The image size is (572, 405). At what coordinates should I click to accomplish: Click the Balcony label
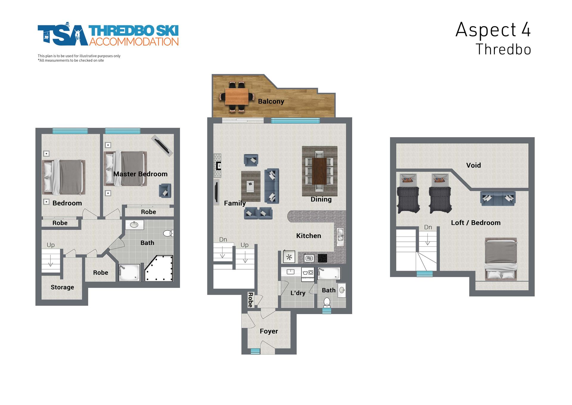pos(271,101)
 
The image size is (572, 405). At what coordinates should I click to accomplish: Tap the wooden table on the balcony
pos(237,96)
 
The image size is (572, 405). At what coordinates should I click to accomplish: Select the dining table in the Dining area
pos(320,171)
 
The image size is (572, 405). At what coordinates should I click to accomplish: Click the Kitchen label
pos(308,236)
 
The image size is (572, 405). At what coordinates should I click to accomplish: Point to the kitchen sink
pos(340,237)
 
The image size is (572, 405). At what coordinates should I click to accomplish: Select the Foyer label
pos(269,331)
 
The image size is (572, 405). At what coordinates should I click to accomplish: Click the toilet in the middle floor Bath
pos(327,302)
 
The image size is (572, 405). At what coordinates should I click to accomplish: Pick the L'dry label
pos(298,293)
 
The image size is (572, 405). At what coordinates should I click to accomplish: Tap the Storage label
pos(62,287)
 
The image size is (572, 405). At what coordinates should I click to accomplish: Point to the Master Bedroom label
pos(140,174)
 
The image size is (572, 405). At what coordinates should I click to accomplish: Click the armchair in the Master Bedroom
pos(165,191)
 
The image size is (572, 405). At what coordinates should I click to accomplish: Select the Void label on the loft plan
pos(473,165)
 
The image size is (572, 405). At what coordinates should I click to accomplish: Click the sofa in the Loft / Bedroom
pos(498,198)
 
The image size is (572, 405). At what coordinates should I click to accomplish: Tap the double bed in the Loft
pos(501,259)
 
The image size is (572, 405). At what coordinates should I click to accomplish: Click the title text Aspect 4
pos(493,30)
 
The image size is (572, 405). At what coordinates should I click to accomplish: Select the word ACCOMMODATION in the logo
pos(134,41)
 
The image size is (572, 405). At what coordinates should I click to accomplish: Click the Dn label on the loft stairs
pos(428,227)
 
